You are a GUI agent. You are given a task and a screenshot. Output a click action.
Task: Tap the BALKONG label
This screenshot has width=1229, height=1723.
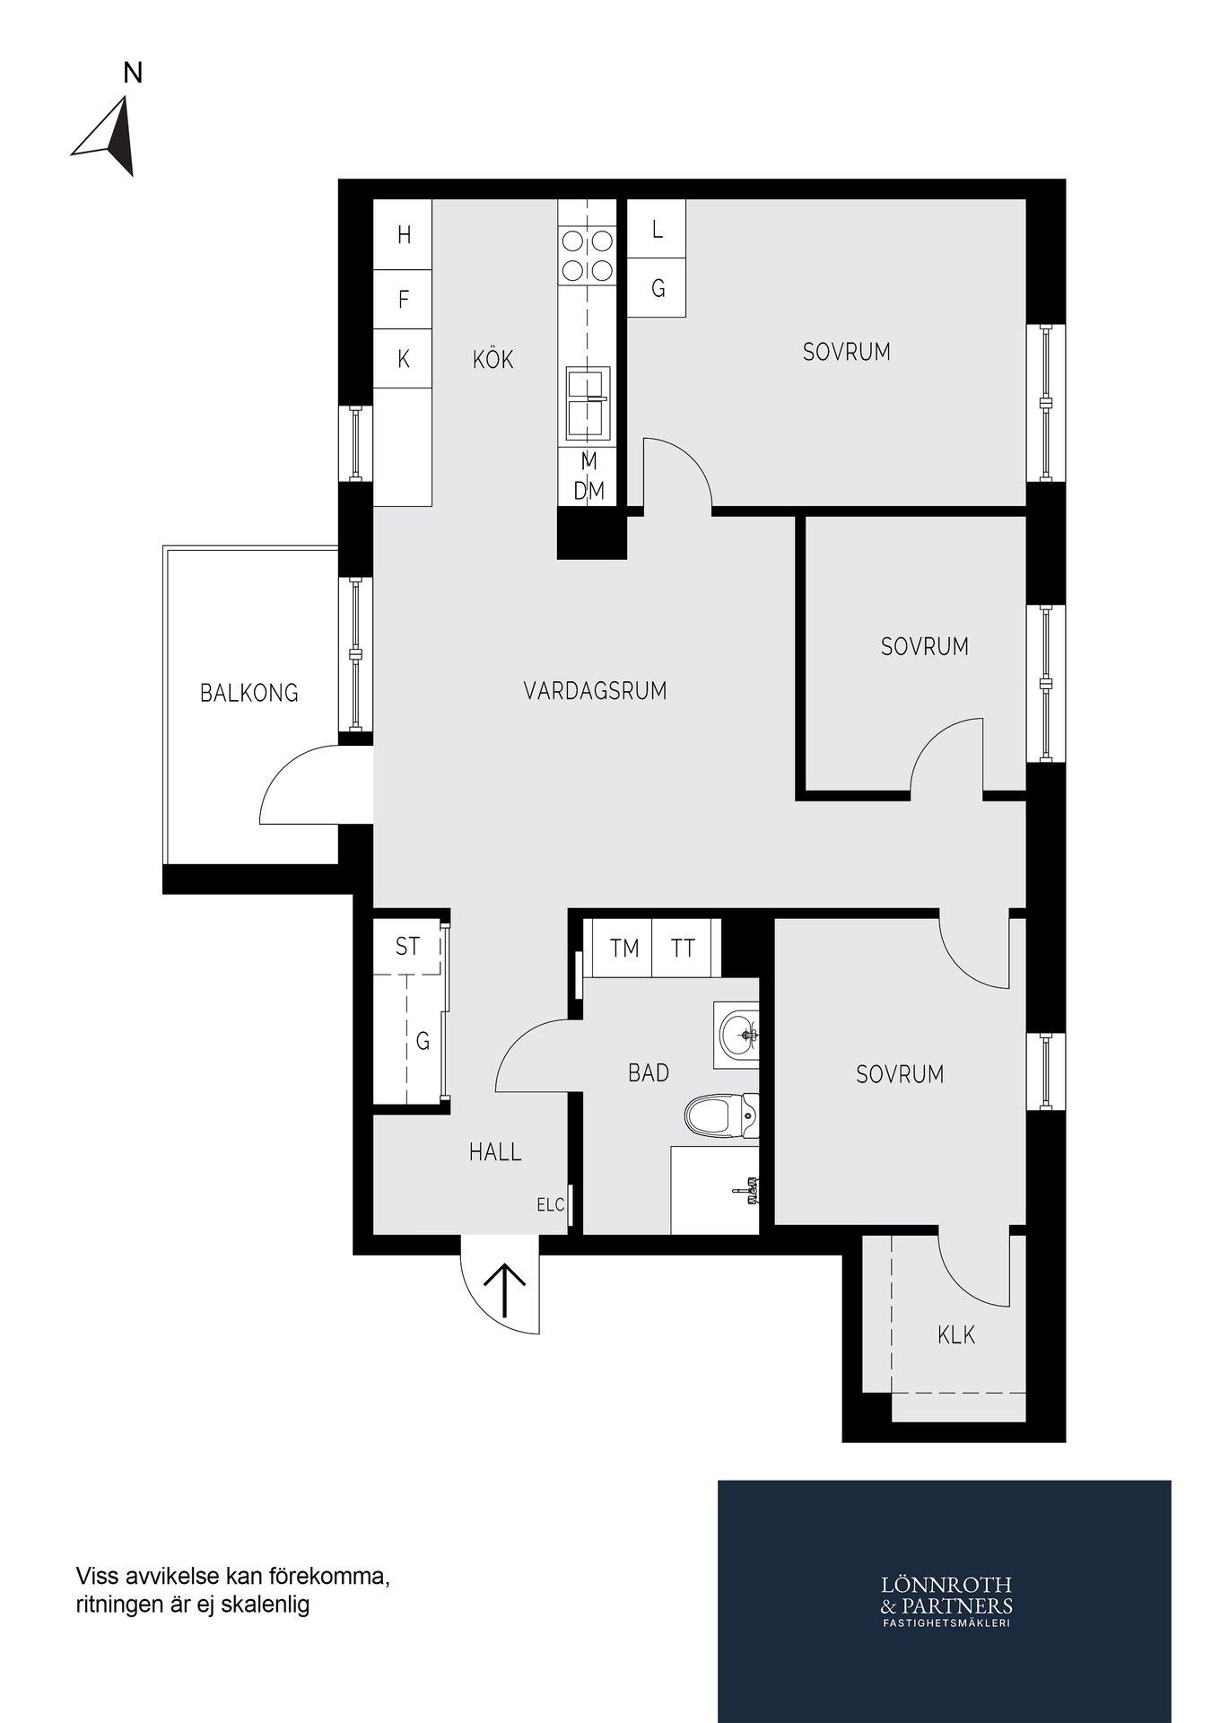coord(249,693)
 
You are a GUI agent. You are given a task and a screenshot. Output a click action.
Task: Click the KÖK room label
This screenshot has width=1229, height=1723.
coord(493,359)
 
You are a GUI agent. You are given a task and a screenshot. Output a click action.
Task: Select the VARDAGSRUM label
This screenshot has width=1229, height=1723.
coord(596,691)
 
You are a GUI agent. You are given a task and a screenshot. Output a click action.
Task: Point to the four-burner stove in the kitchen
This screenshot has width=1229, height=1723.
coord(587,256)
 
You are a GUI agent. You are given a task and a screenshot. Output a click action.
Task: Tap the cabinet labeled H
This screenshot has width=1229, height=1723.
coord(403,234)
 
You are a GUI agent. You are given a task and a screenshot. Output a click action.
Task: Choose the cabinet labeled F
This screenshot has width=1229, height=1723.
coord(403,299)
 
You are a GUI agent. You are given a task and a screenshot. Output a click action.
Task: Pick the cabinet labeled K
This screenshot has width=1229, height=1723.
coord(403,359)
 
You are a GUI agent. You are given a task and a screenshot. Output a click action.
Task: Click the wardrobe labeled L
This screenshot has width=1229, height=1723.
coord(657,229)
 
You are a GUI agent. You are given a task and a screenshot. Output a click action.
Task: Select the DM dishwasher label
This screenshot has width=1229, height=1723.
coord(589,491)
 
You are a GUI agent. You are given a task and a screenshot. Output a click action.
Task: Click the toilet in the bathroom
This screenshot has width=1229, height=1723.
coord(721,1115)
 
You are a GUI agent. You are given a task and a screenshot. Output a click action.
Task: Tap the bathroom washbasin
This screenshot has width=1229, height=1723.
coord(737,1035)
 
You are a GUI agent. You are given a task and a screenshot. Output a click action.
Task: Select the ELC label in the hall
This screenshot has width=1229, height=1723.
coord(551,1205)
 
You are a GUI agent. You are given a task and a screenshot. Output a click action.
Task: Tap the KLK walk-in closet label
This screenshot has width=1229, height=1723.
coord(956,1335)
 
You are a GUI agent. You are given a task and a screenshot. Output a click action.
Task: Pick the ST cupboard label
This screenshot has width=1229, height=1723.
coord(407,946)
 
